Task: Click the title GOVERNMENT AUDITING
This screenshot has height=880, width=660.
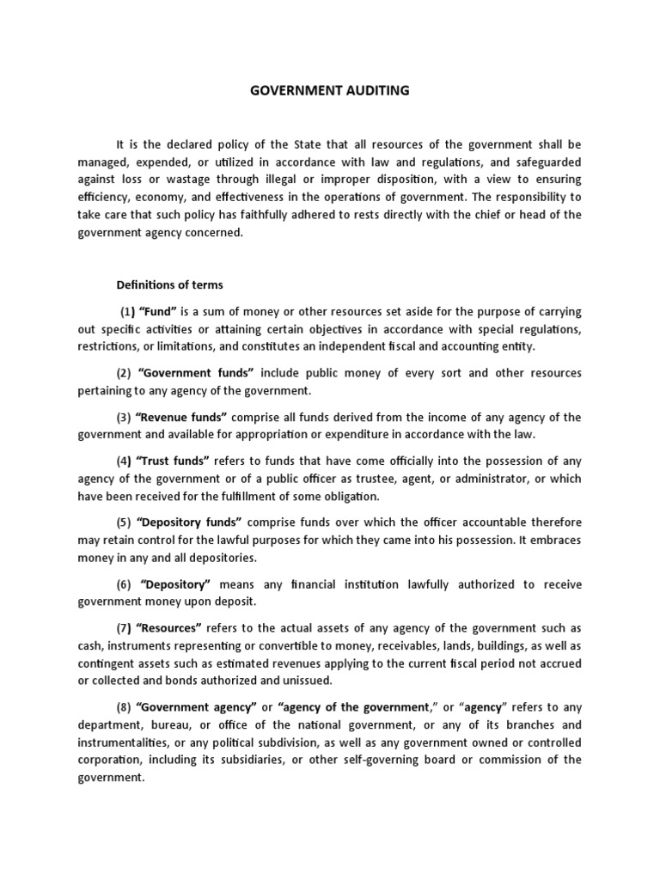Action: pos(330,90)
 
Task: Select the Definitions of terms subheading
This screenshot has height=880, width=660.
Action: pos(168,284)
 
